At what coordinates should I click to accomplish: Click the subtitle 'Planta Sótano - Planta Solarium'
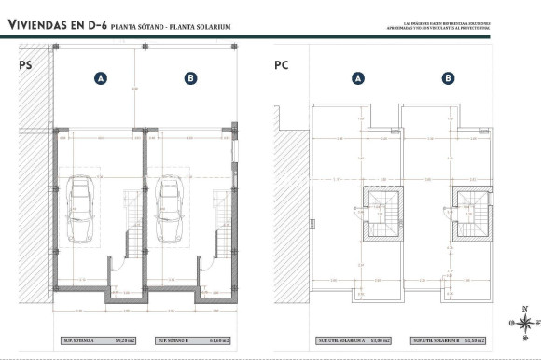171,27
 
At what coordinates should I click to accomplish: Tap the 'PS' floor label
25,65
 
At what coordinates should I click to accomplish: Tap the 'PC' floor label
282,65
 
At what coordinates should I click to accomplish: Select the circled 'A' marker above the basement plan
100,79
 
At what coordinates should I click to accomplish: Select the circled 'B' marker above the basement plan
190,79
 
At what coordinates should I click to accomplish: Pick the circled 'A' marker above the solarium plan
357,79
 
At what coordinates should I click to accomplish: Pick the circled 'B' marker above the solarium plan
448,79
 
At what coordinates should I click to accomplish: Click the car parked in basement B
171,209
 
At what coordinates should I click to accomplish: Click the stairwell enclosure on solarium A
380,213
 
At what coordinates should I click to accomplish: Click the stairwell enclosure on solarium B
470,213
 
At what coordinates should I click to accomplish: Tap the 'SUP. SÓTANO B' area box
190,341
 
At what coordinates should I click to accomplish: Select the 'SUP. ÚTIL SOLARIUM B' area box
449,341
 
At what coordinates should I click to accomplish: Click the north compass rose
525,322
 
